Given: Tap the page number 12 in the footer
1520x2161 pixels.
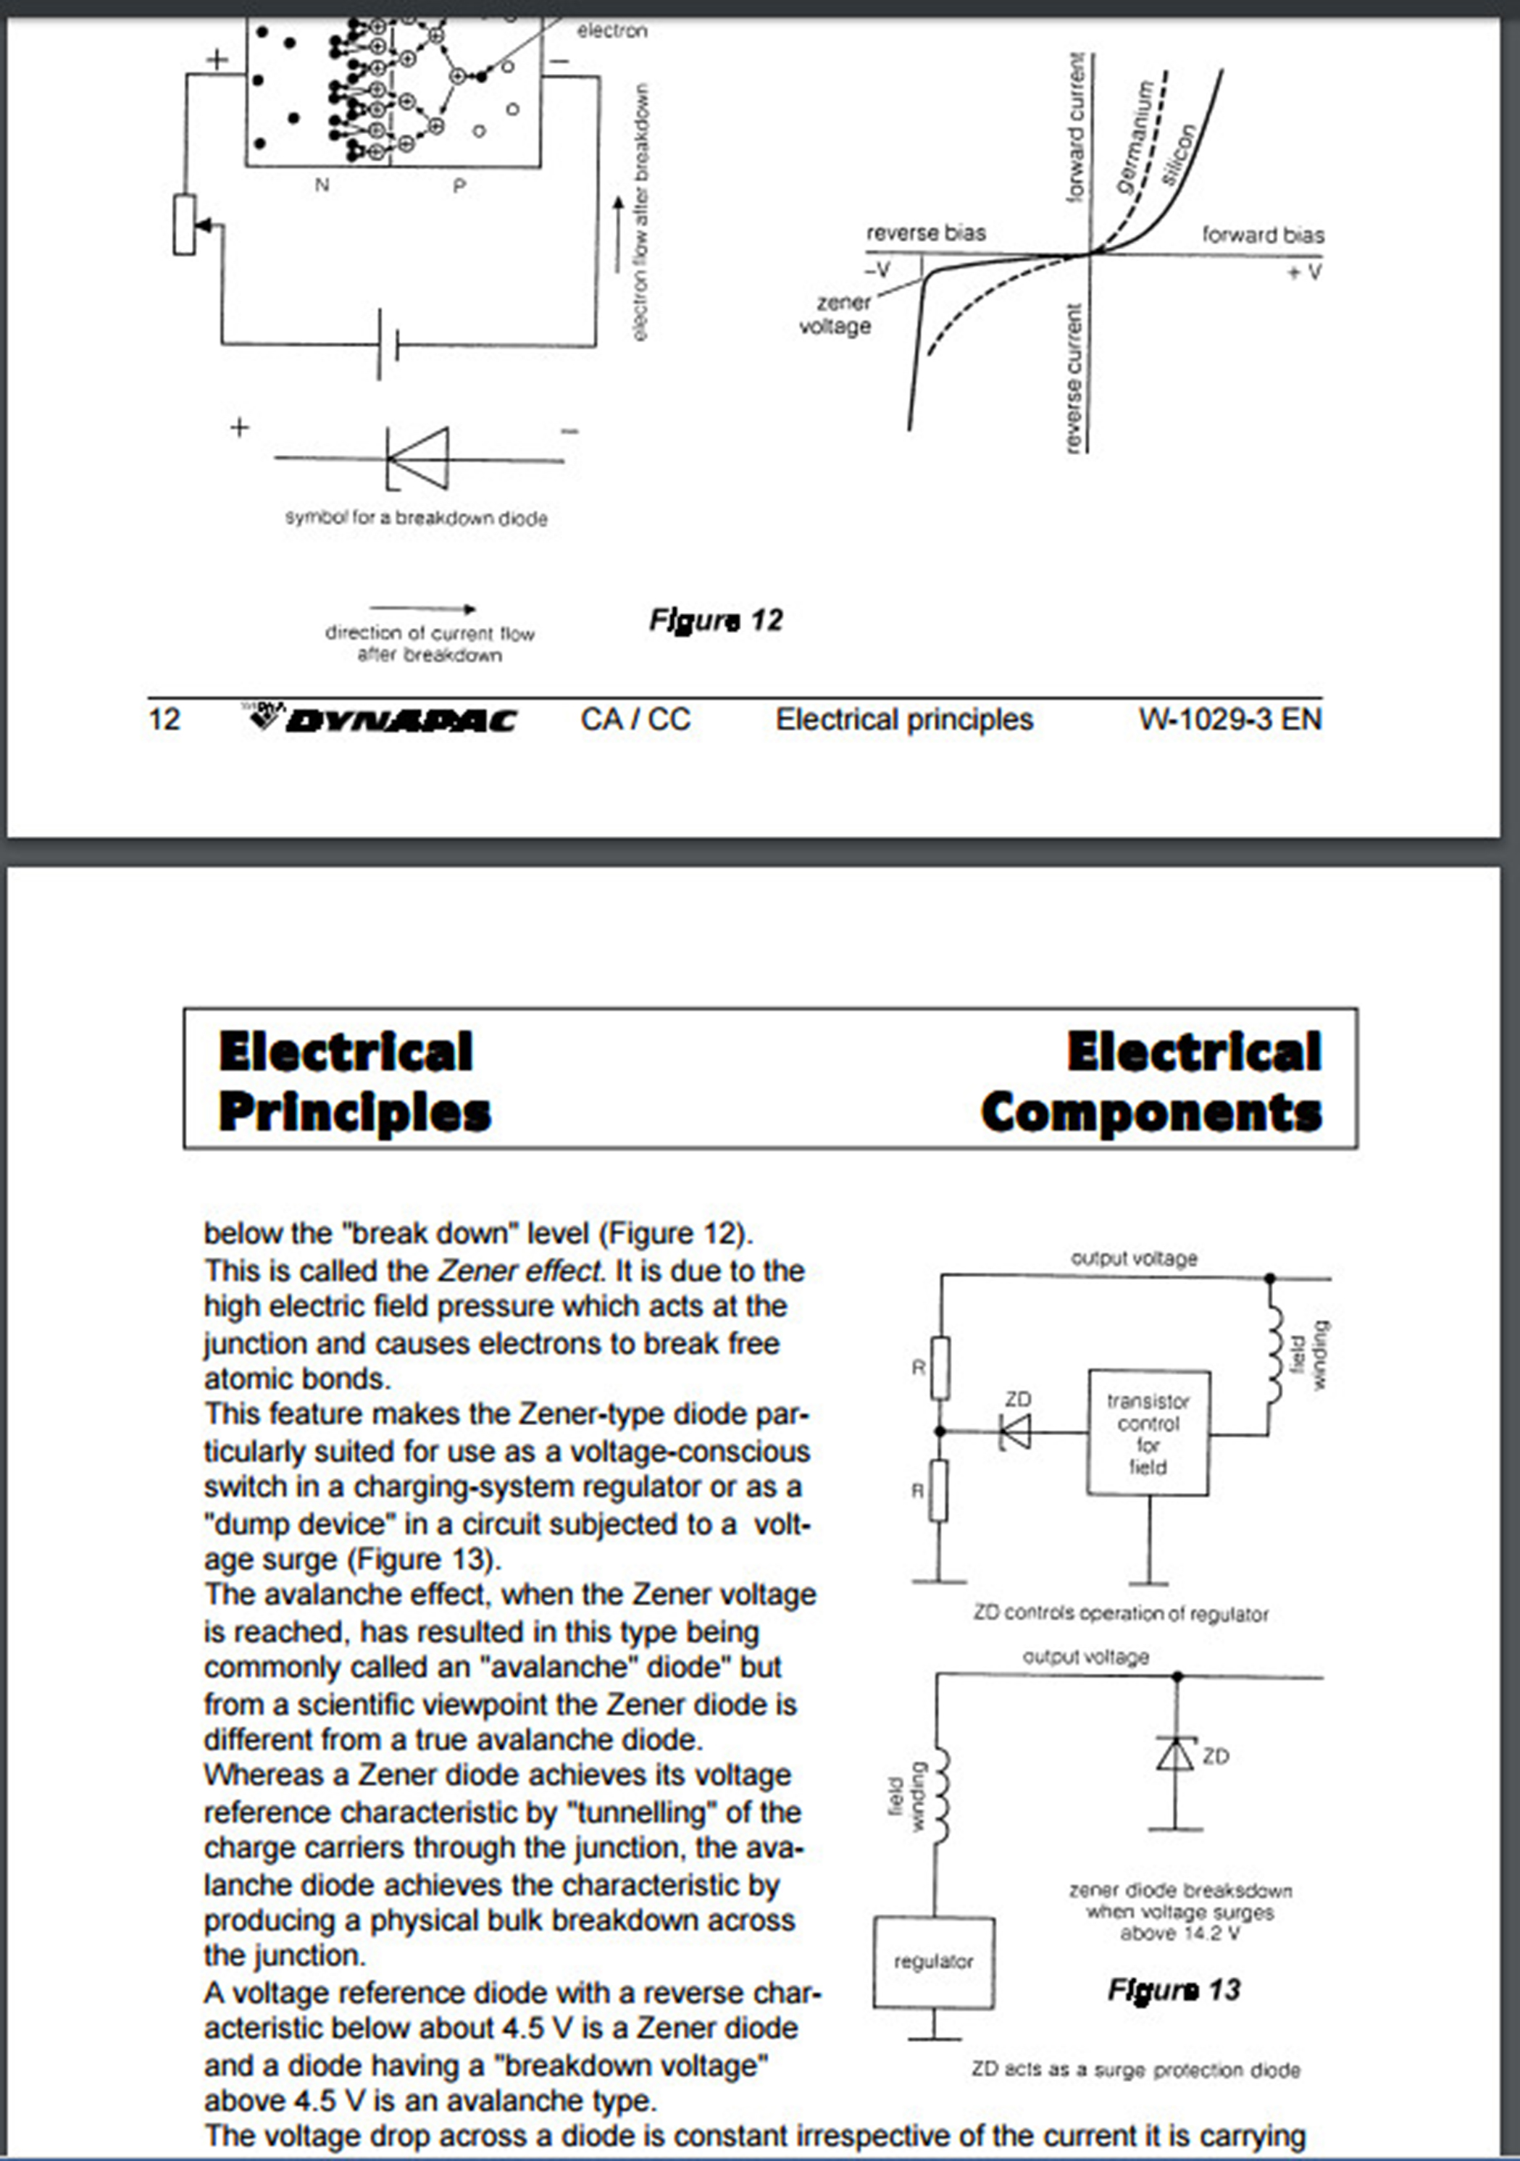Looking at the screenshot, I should click(164, 720).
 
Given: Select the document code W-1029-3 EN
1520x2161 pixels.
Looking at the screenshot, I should click(1229, 720).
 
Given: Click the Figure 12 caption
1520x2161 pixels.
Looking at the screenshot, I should click(715, 620).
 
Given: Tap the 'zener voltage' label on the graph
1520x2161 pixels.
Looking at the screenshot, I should click(836, 314).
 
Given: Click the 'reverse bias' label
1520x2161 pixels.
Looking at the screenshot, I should click(925, 233).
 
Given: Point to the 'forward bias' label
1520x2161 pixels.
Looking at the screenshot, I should click(1262, 235).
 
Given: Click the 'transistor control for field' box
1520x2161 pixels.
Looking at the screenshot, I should click(1148, 1434).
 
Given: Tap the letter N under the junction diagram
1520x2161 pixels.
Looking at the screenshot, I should click(322, 185).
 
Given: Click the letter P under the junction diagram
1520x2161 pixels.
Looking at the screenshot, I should click(459, 186).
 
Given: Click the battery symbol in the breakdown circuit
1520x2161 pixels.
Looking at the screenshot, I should click(387, 345).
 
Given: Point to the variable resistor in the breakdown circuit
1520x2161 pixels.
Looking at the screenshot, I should click(185, 225).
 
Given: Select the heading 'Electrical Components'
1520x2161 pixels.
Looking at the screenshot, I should click(1151, 1082).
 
